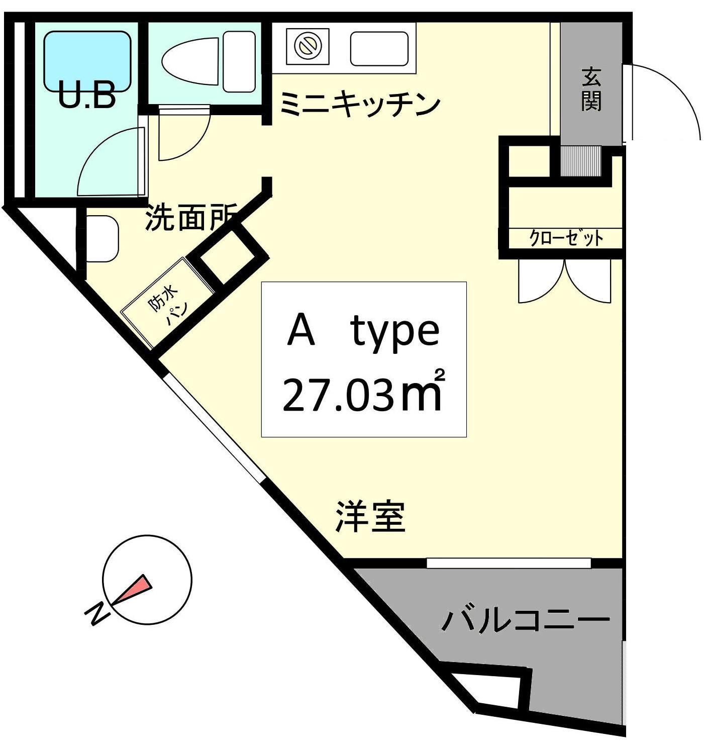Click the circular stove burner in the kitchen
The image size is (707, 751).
pos(308,47)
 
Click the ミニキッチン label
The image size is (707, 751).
pos(360,104)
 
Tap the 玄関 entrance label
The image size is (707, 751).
pos(591,90)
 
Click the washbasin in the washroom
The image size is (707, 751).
pos(102,239)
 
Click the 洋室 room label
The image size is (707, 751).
pos(370,517)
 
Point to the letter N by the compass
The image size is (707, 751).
pos(97,614)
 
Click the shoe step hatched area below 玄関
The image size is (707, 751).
pos(581,161)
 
